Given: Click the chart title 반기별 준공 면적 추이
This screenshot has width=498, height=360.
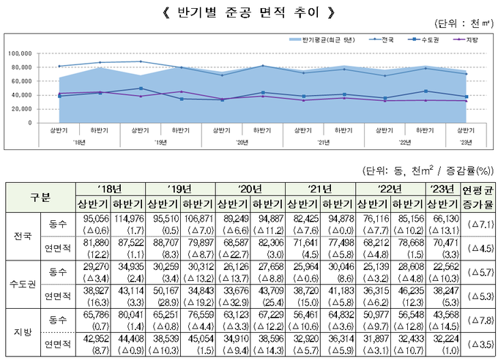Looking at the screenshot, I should tap(248, 12).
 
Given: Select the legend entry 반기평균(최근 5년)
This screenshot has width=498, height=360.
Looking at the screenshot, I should tap(330, 39).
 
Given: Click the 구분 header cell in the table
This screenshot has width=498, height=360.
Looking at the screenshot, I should tap(40, 197).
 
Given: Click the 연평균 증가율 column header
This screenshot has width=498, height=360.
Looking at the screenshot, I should tap(477, 197).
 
